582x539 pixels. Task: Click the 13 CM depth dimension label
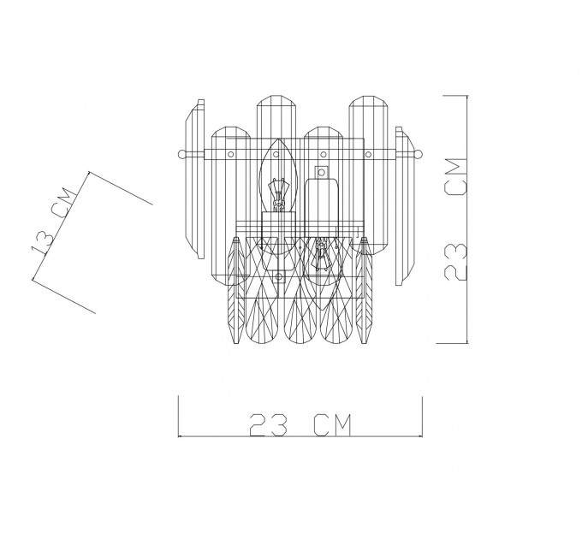coord(53,221)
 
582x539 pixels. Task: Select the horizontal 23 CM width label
coord(300,424)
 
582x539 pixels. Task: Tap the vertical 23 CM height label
coord(455,219)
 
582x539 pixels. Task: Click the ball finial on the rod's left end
coord(181,154)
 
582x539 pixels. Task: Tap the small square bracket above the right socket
coord(322,172)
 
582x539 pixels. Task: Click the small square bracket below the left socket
coord(279,276)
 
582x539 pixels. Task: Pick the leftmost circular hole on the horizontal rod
coord(230,154)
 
